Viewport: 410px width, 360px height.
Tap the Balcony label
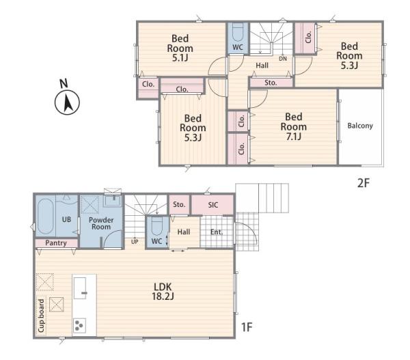click(360, 126)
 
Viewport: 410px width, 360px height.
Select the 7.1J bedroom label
click(294, 126)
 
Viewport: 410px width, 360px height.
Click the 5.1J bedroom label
click(180, 48)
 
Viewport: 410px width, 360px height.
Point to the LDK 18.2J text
click(163, 292)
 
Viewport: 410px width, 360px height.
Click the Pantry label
click(56, 243)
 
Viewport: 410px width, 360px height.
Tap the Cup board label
click(41, 316)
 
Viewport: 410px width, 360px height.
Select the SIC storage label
click(213, 205)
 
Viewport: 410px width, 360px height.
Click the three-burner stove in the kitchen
click(79, 325)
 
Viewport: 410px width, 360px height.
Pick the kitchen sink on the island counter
click(80, 288)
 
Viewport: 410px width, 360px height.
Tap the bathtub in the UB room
click(46, 217)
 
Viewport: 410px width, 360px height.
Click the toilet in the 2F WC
click(238, 32)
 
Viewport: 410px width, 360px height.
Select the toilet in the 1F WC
click(156, 225)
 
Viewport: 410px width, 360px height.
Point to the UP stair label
click(135, 242)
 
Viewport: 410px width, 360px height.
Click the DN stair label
click(283, 59)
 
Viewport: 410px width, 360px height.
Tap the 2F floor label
click(364, 183)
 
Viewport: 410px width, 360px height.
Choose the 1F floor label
click(247, 327)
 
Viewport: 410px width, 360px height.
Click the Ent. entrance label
click(217, 232)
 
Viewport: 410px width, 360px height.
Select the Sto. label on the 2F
click(271, 83)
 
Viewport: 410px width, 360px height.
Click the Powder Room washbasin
click(113, 201)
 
